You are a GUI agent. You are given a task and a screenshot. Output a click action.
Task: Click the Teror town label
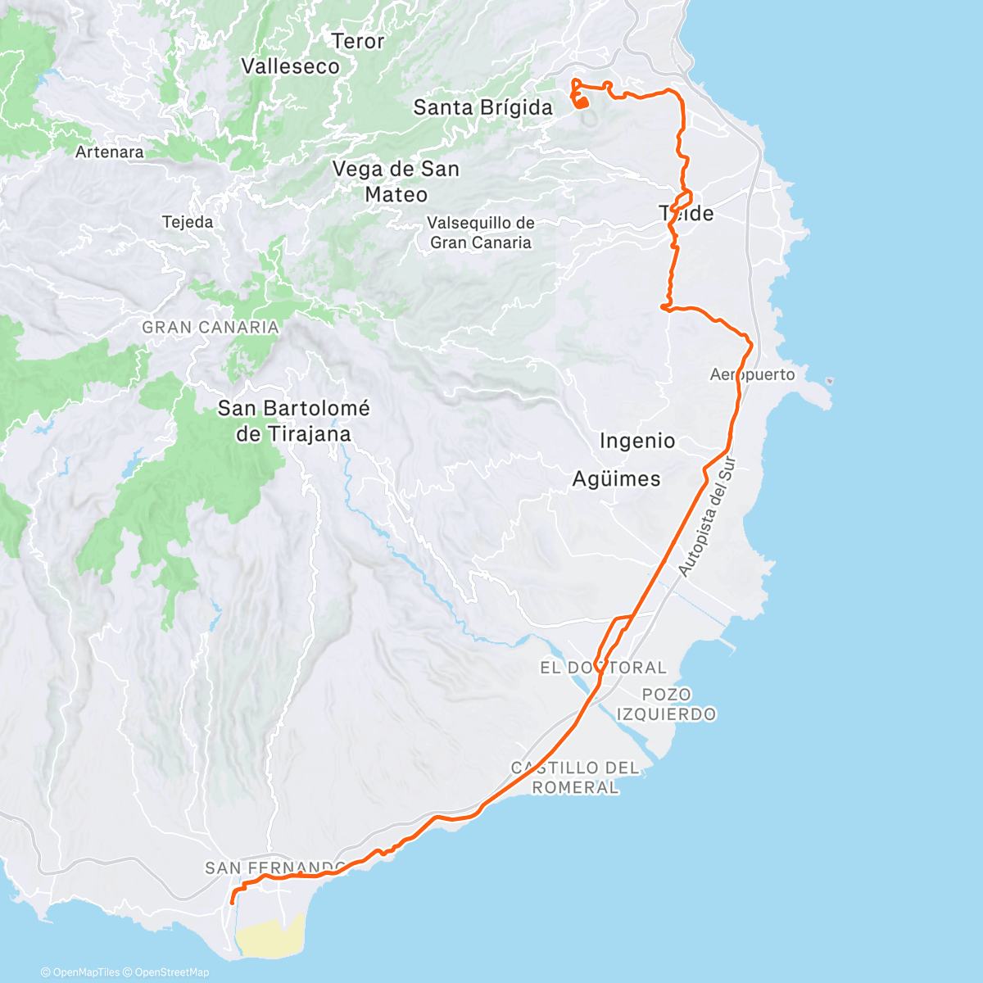[x=358, y=41]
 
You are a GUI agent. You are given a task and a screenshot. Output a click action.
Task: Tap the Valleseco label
[x=290, y=66]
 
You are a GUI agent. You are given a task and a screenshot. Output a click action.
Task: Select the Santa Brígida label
[x=482, y=107]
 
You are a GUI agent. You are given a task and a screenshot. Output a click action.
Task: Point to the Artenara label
[x=109, y=152]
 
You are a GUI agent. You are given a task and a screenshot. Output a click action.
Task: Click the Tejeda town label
[x=188, y=222]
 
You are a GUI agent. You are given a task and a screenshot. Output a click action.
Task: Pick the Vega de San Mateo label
[x=396, y=182]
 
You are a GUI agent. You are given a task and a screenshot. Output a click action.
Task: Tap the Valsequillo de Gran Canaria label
[x=481, y=233]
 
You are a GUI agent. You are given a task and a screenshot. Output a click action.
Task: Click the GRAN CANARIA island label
[x=211, y=328]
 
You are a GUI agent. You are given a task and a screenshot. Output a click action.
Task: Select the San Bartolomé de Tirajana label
[x=293, y=421]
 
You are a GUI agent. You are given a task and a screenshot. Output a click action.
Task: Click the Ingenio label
[x=637, y=441]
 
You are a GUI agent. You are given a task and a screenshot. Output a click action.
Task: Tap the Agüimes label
[x=616, y=479]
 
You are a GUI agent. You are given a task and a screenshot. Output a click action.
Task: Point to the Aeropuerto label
[x=752, y=374]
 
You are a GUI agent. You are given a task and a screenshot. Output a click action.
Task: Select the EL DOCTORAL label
[x=603, y=668]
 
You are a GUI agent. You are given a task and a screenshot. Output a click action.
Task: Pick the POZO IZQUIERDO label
[x=666, y=704]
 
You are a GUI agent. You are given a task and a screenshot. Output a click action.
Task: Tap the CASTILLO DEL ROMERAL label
[x=575, y=777]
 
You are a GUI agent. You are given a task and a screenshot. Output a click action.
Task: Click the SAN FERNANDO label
[x=274, y=867]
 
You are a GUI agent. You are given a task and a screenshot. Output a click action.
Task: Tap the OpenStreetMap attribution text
[x=171, y=972]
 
